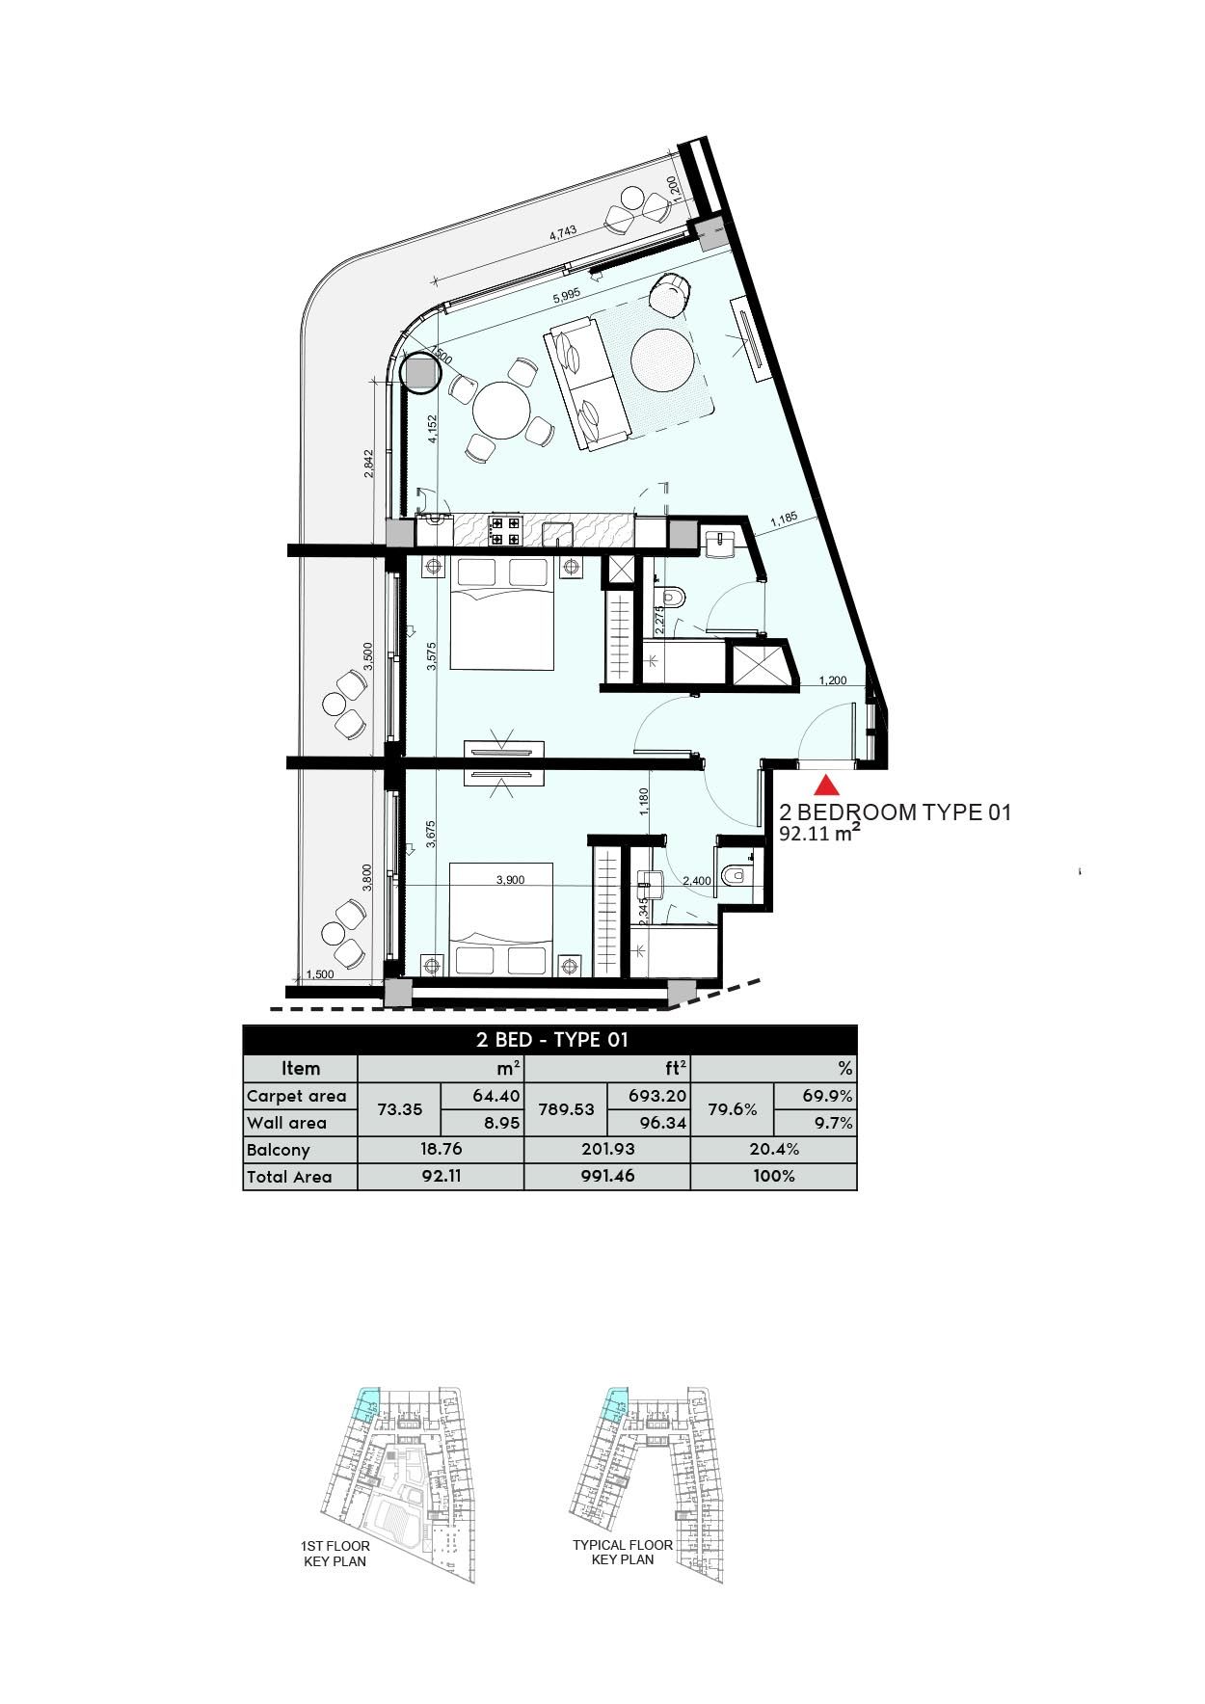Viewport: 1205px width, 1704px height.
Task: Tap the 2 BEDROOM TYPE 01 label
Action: tap(895, 812)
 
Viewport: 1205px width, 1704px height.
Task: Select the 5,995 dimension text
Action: tap(567, 300)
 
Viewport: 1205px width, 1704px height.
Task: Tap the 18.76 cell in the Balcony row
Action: tap(440, 1149)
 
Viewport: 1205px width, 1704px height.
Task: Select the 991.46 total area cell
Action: tap(607, 1176)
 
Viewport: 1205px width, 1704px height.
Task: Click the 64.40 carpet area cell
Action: tap(496, 1096)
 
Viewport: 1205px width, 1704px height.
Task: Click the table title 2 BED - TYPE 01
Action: tap(551, 1039)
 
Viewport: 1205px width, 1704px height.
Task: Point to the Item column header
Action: tap(301, 1068)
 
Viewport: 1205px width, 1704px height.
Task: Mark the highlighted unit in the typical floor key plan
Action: tap(612, 1406)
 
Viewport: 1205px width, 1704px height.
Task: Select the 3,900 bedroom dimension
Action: tap(509, 880)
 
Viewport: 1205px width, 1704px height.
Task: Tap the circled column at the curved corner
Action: tap(420, 374)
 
